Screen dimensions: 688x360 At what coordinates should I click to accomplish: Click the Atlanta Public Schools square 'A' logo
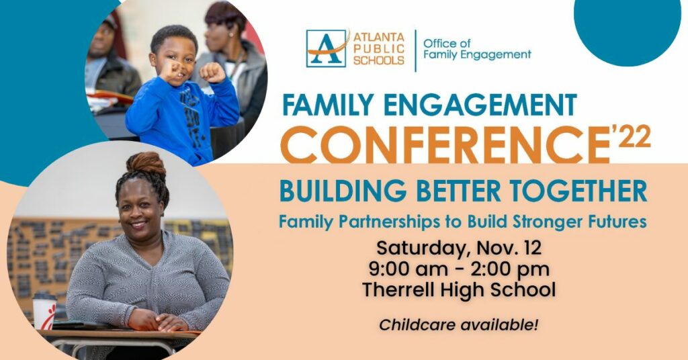pyautogui.click(x=326, y=48)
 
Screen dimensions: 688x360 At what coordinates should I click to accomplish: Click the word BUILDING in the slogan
pyautogui.click(x=343, y=191)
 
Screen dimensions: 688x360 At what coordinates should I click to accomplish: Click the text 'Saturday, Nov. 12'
pyautogui.click(x=459, y=249)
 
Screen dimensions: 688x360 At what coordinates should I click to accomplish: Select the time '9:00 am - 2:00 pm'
pyautogui.click(x=458, y=269)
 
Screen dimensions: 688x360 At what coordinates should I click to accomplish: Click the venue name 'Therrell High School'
pyautogui.click(x=458, y=290)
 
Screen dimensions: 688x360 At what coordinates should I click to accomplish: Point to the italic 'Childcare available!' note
pyautogui.click(x=458, y=325)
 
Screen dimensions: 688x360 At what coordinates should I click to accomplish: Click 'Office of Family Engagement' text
pyautogui.click(x=477, y=49)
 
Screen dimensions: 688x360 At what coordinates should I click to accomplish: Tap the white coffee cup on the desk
pyautogui.click(x=44, y=312)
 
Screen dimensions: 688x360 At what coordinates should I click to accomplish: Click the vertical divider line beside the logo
pyautogui.click(x=415, y=50)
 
